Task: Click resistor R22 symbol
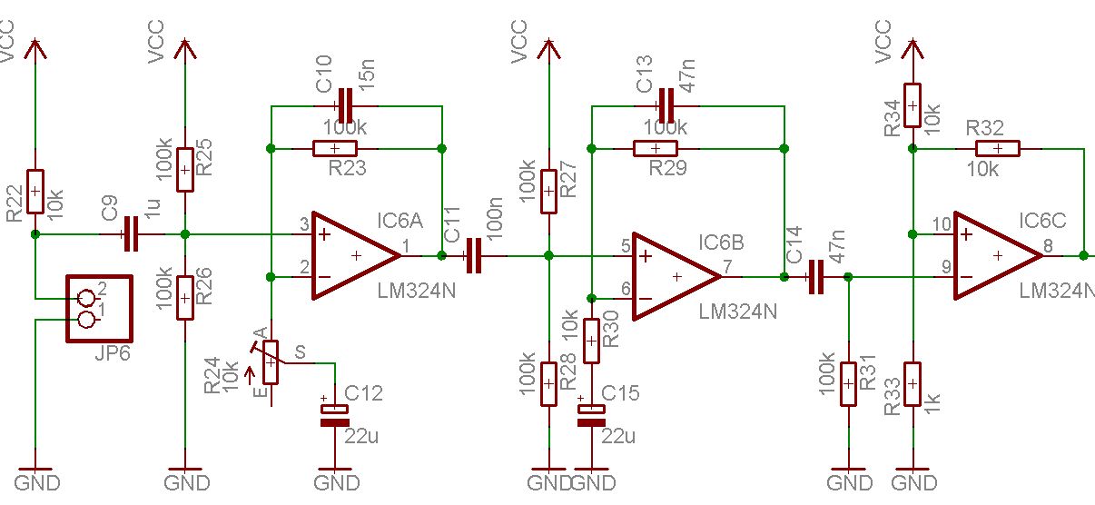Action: (35, 192)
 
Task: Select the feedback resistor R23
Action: (334, 148)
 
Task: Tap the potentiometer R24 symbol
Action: (270, 362)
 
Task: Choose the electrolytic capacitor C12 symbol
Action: (334, 415)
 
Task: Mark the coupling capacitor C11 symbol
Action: (472, 256)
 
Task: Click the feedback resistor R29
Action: (656, 148)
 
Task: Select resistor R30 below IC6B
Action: (591, 341)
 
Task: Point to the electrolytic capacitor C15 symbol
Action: (591, 414)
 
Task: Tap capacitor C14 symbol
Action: (814, 277)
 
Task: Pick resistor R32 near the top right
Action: (997, 148)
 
